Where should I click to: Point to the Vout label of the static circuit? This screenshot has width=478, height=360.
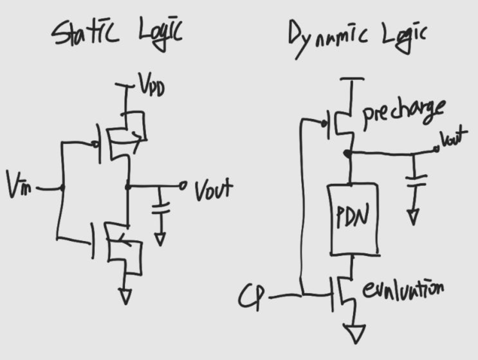(x=213, y=189)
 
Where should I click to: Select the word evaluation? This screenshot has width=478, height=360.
(x=402, y=290)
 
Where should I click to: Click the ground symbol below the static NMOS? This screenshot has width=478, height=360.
(x=125, y=296)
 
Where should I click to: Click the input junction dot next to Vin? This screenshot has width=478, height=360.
(x=62, y=188)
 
